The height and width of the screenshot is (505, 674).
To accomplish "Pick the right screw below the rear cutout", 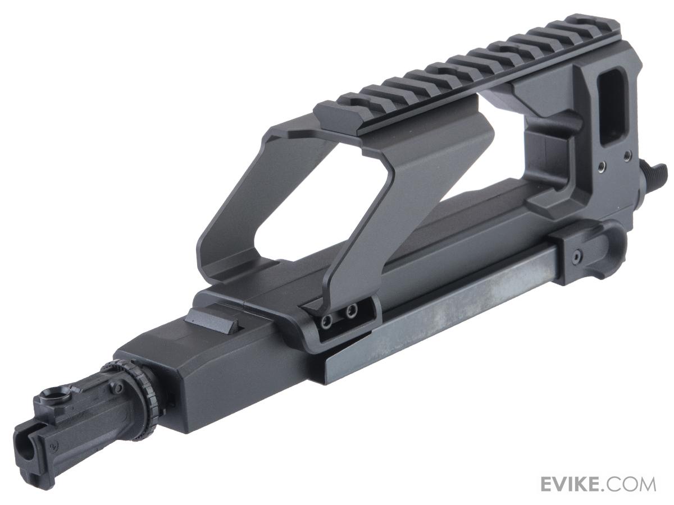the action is click(628, 153).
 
